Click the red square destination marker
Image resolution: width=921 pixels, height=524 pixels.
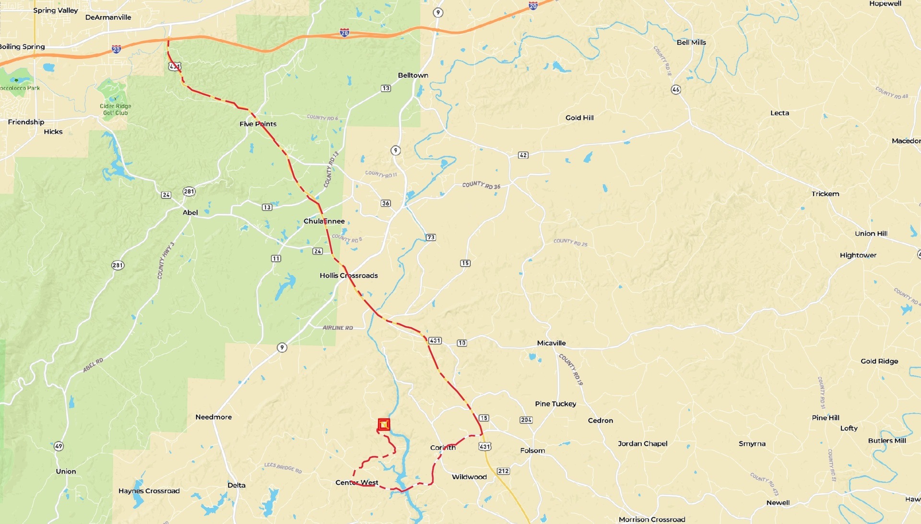383,424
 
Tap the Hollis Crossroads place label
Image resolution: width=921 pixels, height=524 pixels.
349,275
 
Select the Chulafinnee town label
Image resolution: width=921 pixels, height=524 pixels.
324,221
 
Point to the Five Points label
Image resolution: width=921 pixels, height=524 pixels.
258,124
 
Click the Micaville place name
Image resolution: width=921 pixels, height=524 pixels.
551,343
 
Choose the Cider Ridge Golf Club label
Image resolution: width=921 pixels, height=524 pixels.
116,109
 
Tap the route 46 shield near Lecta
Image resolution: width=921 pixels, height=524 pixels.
676,90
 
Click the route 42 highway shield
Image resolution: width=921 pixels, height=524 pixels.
523,155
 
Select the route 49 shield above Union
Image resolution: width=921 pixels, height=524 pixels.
59,446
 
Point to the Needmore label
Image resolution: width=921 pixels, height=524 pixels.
213,417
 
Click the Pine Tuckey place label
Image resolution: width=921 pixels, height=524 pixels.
555,404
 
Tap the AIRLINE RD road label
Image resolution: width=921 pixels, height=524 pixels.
338,328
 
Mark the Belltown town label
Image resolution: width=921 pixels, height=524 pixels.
413,75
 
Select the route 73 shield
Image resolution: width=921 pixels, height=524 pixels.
431,237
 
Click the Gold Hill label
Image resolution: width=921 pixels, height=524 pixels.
579,117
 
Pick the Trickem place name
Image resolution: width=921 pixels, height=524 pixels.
825,194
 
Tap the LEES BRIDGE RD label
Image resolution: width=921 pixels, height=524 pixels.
283,467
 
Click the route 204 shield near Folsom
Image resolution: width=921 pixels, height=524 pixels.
526,420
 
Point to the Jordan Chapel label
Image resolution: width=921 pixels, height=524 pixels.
642,443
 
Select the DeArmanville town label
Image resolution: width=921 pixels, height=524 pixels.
108,17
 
